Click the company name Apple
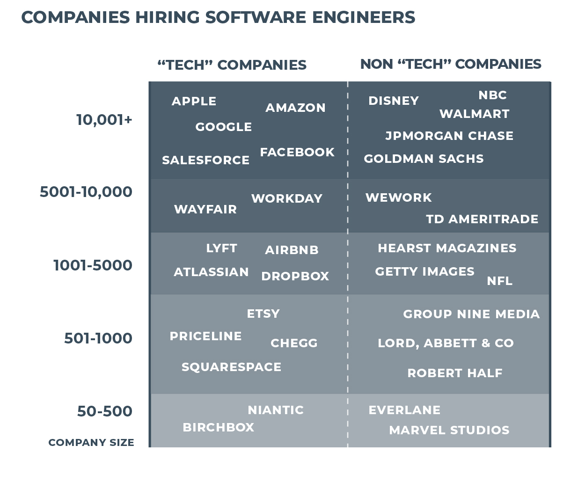tap(194, 102)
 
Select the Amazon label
tap(295, 108)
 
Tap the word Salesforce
tap(205, 161)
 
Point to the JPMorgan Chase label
tap(449, 136)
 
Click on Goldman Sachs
tap(424, 159)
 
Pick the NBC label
tap(492, 95)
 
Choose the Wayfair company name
tap(205, 210)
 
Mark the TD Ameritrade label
tap(482, 219)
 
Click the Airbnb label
tap(292, 250)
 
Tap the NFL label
tap(499, 281)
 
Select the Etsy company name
tap(263, 314)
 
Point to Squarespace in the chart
tap(231, 367)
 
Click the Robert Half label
tap(454, 373)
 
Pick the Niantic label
tap(276, 410)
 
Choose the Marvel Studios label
tap(449, 431)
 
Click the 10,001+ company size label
tap(104, 120)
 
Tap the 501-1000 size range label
tap(98, 338)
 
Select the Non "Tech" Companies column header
tap(450, 64)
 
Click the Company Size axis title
tap(91, 443)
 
